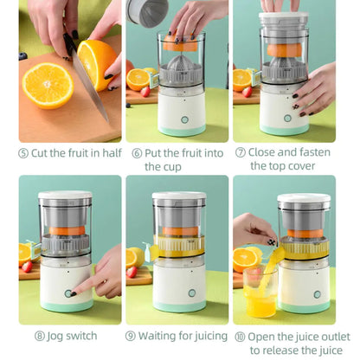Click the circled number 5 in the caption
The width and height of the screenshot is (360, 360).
(23, 153)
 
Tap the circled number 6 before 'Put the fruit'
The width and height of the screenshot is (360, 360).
(137, 153)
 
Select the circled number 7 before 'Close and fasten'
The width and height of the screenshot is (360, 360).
(240, 153)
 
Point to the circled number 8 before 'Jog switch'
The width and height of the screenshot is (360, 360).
(40, 336)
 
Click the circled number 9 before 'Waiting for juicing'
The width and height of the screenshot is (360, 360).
(131, 336)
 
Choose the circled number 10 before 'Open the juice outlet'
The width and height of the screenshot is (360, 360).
(241, 336)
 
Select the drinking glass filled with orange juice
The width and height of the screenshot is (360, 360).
(260, 294)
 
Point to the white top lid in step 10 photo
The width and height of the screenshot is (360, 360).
(304, 199)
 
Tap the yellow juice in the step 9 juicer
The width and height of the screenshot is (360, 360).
(178, 248)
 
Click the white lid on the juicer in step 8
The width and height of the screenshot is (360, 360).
(66, 196)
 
